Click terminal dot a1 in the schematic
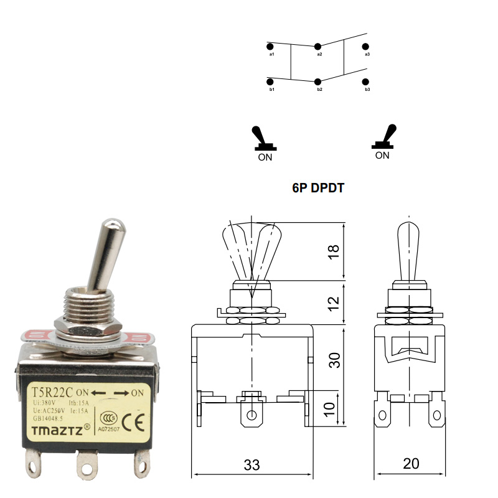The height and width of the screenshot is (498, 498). click(270, 46)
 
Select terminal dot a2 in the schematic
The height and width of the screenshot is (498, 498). click(318, 46)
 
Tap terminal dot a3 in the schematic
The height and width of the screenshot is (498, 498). click(366, 46)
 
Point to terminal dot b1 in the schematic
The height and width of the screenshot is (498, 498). click(270, 82)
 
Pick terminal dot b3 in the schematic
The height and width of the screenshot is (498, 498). click(366, 82)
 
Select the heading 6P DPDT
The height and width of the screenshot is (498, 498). click(318, 187)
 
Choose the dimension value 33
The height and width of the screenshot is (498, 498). click(251, 464)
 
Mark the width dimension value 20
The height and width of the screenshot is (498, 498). click(411, 464)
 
